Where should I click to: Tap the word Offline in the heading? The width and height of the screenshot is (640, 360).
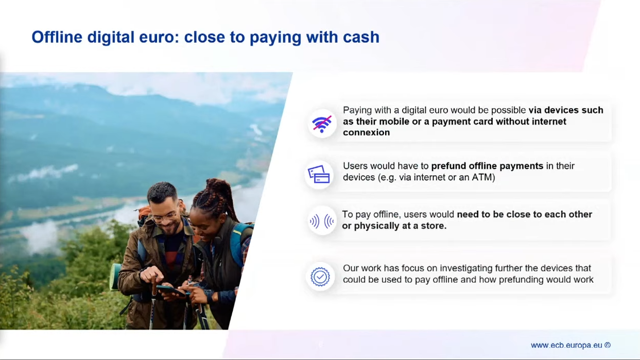(x=57, y=37)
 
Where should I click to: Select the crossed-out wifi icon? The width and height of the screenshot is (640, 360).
(x=322, y=124)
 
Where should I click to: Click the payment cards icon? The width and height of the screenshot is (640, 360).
(x=319, y=174)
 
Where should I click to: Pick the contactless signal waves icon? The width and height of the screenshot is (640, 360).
(x=322, y=221)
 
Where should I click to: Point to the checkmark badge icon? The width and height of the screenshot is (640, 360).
(x=320, y=277)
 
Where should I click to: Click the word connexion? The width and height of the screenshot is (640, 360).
(x=366, y=132)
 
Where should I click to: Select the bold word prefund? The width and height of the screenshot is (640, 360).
(x=448, y=166)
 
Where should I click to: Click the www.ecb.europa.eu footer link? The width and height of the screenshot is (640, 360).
(x=566, y=345)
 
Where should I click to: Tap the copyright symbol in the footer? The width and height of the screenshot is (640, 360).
(x=608, y=345)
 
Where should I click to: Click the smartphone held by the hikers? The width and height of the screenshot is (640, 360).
(x=171, y=290)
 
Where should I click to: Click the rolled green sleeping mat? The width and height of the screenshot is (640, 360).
(x=115, y=277)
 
